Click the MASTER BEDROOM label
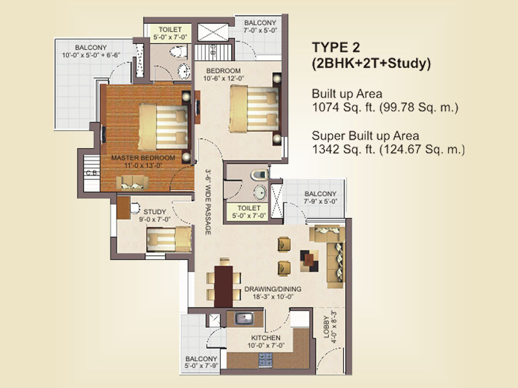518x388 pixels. click(x=143, y=158)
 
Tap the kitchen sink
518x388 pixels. click(x=244, y=319)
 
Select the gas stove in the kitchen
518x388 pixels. click(x=265, y=360)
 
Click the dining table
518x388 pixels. click(x=223, y=286)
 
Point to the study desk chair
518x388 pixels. click(x=135, y=208)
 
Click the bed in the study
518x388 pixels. click(x=169, y=239)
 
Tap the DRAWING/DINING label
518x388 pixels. click(x=273, y=289)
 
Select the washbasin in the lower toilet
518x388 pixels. click(x=260, y=192)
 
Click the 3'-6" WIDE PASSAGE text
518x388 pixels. click(x=208, y=202)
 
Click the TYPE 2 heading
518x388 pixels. click(x=335, y=47)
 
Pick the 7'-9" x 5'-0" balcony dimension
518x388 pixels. click(x=320, y=201)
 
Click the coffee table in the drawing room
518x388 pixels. click(x=310, y=261)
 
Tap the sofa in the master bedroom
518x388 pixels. click(x=132, y=183)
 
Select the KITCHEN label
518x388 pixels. click(x=266, y=338)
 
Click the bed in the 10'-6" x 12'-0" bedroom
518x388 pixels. click(x=254, y=109)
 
